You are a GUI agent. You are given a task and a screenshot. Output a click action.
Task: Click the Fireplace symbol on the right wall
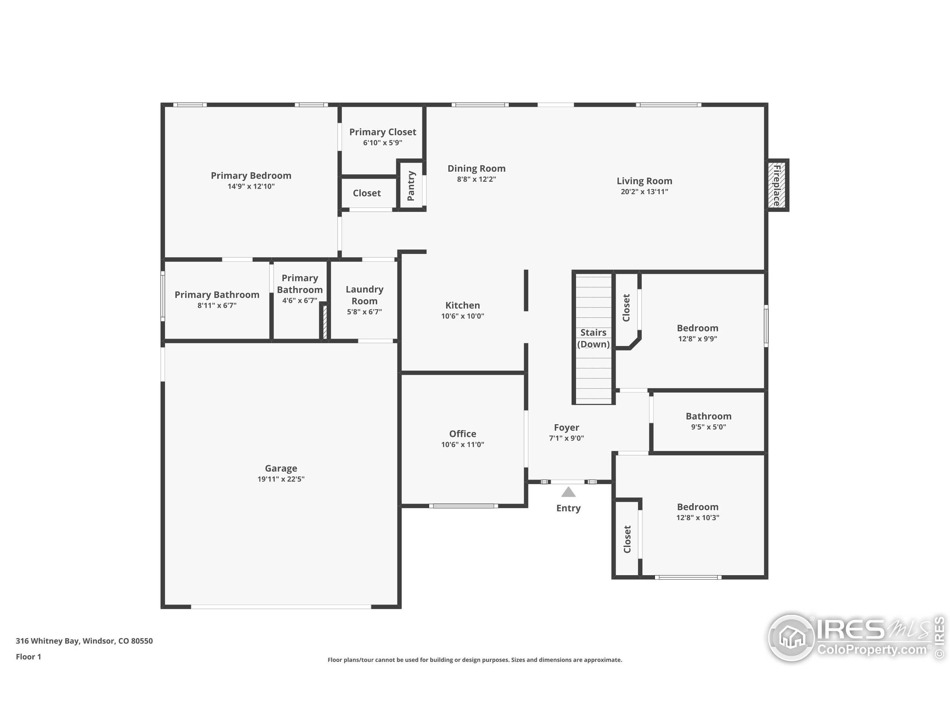(x=778, y=185)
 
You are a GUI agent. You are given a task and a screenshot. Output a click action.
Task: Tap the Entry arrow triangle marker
(x=568, y=492)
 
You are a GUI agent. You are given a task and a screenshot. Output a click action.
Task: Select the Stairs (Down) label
(x=593, y=338)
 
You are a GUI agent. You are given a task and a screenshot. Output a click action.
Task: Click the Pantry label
(x=411, y=185)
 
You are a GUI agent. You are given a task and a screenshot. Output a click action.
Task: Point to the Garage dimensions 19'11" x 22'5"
(x=281, y=479)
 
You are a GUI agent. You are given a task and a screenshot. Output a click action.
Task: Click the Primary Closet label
(x=382, y=132)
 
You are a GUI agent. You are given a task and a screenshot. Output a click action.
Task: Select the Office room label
(x=462, y=434)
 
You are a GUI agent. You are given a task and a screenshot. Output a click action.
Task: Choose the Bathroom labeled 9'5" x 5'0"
(x=708, y=416)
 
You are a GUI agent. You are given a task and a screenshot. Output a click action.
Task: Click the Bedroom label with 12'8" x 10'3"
(x=697, y=507)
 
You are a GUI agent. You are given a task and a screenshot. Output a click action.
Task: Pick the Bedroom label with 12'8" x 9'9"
(x=697, y=328)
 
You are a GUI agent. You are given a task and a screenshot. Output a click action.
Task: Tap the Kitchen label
(x=462, y=305)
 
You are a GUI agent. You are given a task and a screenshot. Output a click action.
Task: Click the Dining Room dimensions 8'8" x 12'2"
(x=476, y=179)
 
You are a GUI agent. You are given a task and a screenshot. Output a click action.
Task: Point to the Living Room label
(x=644, y=181)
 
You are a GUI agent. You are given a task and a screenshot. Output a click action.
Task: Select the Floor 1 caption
(x=28, y=657)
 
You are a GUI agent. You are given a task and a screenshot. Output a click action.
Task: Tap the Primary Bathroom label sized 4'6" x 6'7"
(x=299, y=284)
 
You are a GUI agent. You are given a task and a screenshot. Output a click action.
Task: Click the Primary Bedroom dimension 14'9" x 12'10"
(x=251, y=186)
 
